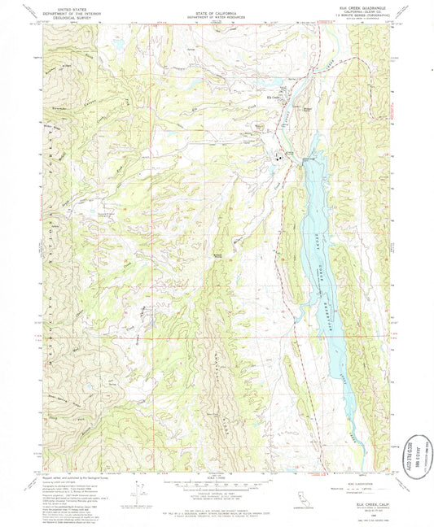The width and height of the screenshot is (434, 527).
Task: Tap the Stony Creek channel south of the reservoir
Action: coord(353,439)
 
